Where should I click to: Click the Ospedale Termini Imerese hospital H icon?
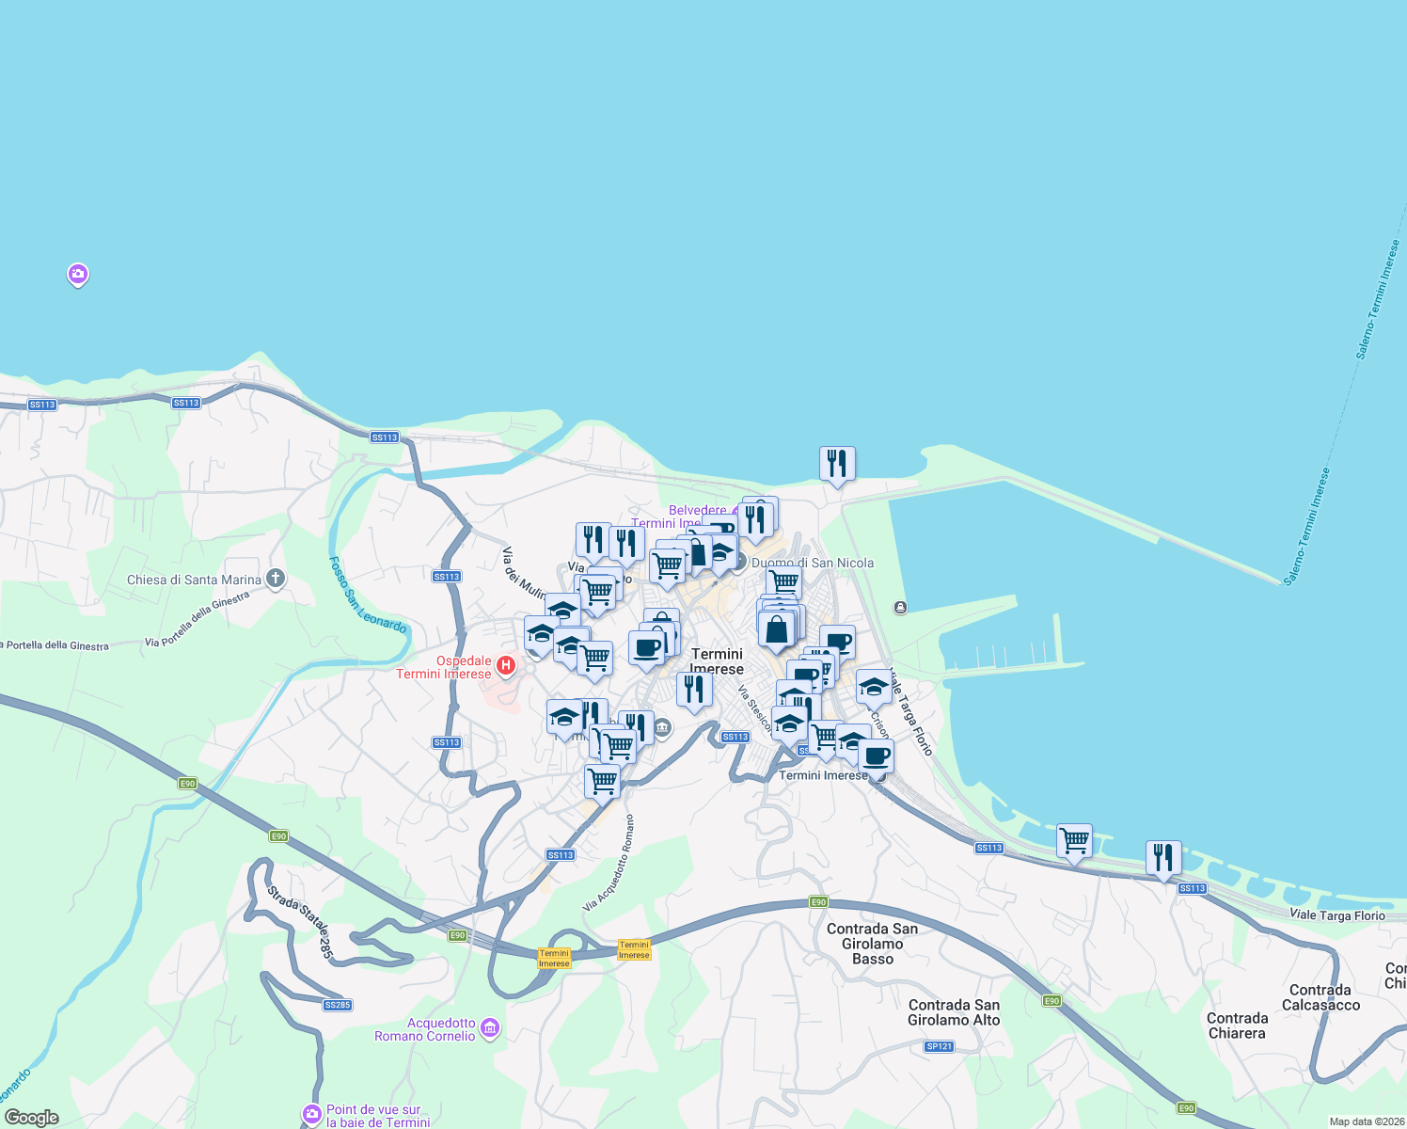tap(506, 666)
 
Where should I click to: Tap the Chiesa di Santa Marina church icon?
tap(275, 579)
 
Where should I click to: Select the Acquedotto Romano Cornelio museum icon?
tap(490, 1028)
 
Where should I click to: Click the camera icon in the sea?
tap(78, 275)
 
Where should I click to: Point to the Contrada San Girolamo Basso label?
tap(872, 944)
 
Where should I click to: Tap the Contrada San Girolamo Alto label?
tap(954, 1012)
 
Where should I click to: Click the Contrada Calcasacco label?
tap(1320, 997)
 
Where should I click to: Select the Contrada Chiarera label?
tap(1237, 1026)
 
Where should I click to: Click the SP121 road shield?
tap(939, 1046)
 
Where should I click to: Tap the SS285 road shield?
tap(337, 1005)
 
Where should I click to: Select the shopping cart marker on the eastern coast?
tap(1074, 840)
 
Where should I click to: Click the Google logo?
tap(32, 1118)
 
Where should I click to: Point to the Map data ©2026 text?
tap(1366, 1121)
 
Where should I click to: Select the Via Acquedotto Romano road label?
tap(609, 864)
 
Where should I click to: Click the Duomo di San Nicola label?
tap(813, 563)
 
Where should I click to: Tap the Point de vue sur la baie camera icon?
tap(312, 1115)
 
